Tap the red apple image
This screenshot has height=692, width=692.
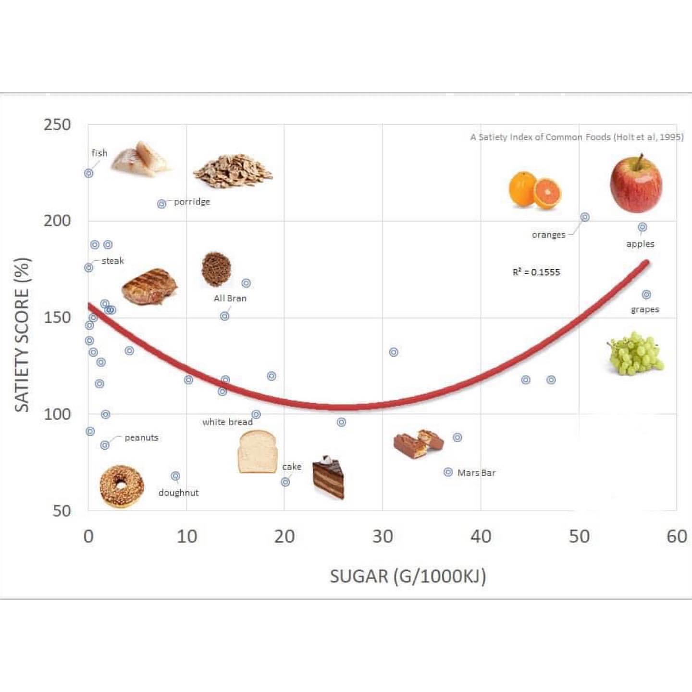[x=636, y=184]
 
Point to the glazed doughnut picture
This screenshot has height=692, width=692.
[x=122, y=486]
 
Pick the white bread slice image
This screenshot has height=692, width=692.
[x=257, y=452]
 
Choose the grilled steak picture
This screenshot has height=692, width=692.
[x=149, y=286]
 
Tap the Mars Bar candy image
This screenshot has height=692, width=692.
[x=418, y=444]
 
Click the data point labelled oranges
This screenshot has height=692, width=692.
[x=585, y=217]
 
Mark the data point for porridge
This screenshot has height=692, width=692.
[x=162, y=204]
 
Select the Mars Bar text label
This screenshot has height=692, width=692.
[x=476, y=473]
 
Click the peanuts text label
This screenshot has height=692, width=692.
[x=141, y=438]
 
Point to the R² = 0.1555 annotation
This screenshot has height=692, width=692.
[x=536, y=272]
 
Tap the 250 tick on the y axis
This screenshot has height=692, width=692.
[x=57, y=125]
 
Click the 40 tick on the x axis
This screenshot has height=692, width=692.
[x=481, y=536]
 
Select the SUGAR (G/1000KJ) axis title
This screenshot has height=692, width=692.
[x=408, y=576]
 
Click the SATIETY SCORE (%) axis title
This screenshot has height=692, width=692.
[x=22, y=335]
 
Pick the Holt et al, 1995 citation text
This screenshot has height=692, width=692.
[x=577, y=137]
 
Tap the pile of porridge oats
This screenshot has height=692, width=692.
[x=233, y=171]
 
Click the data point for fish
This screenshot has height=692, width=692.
[x=89, y=173]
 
